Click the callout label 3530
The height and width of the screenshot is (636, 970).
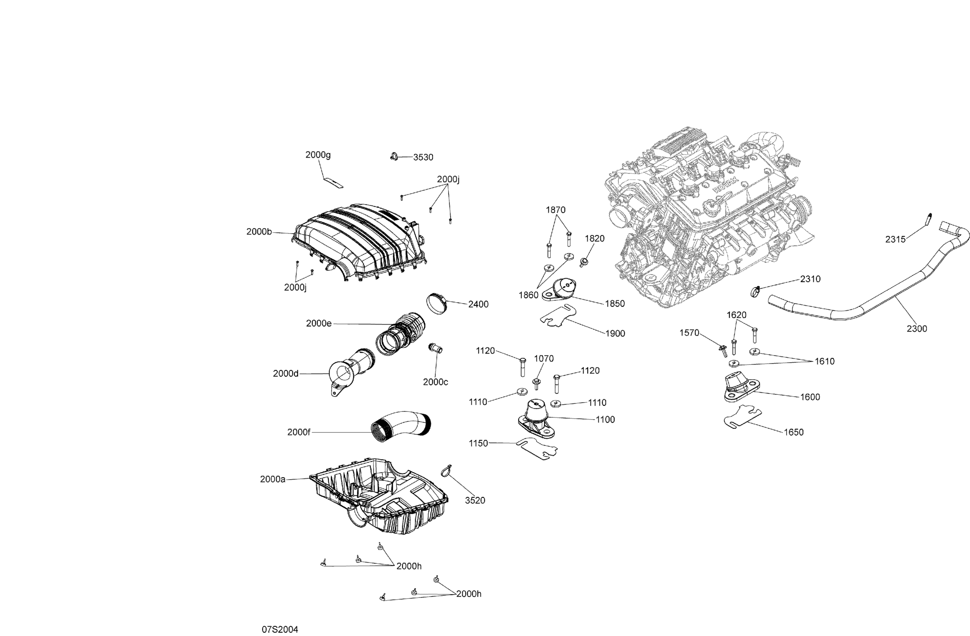tap(423, 158)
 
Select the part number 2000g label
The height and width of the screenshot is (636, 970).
tap(318, 155)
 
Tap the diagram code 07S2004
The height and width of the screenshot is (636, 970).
tap(279, 630)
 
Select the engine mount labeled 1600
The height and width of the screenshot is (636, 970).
tap(738, 388)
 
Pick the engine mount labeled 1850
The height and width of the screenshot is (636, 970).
tap(559, 290)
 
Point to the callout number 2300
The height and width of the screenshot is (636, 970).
tap(917, 328)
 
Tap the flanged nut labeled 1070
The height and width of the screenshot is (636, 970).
tap(536, 383)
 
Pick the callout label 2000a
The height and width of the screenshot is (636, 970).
tap(273, 480)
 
